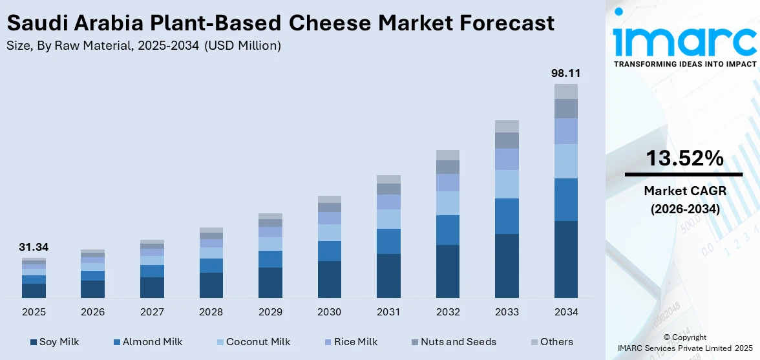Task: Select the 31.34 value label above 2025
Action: coord(34,247)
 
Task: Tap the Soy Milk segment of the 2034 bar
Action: coord(566,259)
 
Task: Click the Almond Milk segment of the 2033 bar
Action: coord(507,216)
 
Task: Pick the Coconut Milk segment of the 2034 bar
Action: coord(566,161)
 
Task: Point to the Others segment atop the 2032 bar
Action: coord(447,155)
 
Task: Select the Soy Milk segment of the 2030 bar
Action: coord(329,279)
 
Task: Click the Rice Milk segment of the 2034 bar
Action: coord(566,131)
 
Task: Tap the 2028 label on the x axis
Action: coord(211,312)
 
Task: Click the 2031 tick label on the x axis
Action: coord(388,312)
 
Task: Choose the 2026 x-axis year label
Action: coord(92,312)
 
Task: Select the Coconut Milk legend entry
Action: coord(252,342)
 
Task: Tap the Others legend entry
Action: coord(552,342)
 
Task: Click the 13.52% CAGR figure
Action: coord(683,158)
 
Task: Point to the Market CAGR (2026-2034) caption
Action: coord(683,200)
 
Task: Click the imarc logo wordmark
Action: coord(684,40)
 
